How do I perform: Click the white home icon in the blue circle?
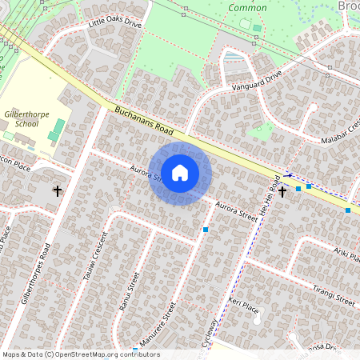(x=180, y=173)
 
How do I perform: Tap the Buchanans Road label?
(x=144, y=122)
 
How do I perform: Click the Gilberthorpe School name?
(x=26, y=120)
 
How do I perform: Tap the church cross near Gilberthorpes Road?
(x=57, y=190)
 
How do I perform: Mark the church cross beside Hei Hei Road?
(x=282, y=192)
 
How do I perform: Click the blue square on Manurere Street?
(x=206, y=230)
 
